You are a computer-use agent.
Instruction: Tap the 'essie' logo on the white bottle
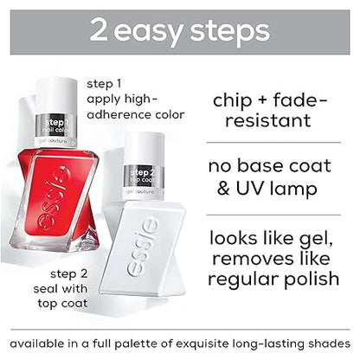pos(150,247)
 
